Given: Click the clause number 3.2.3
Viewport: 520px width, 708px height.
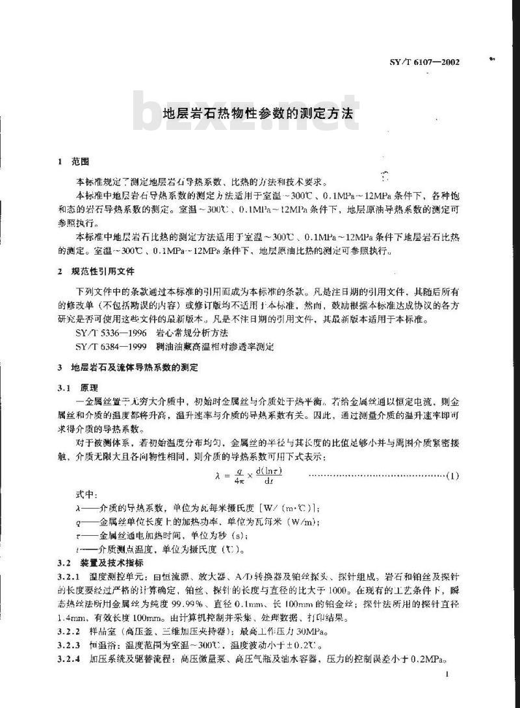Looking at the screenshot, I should point(68,646).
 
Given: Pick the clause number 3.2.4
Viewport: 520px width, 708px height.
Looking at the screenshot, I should point(68,659).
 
